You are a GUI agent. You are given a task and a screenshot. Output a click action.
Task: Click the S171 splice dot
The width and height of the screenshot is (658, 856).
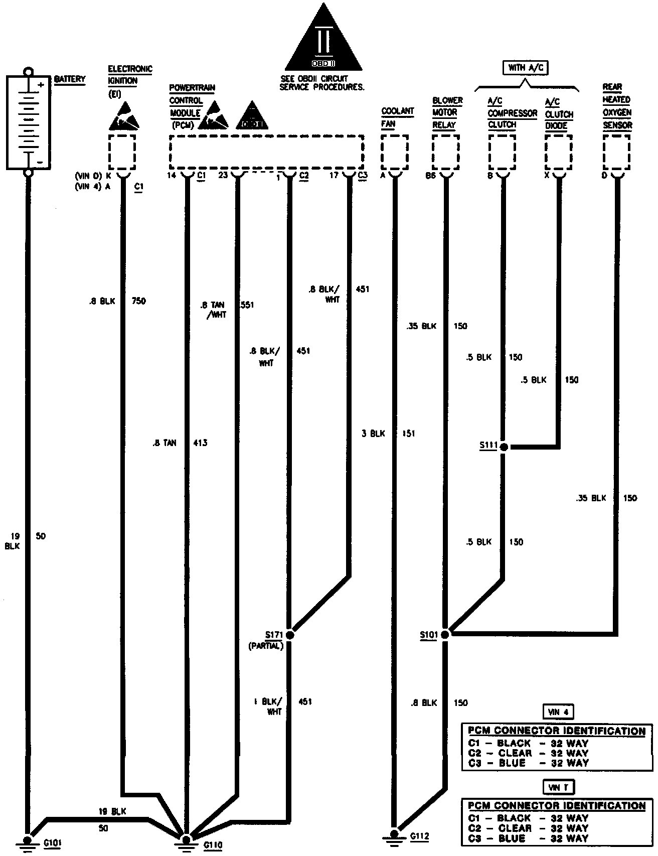[289, 634]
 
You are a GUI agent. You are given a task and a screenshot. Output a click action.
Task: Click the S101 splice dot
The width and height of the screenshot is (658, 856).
[445, 634]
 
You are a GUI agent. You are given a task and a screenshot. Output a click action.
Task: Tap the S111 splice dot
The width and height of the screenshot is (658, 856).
[504, 446]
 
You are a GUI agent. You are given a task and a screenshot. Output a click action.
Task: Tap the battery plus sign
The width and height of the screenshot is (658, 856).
[41, 85]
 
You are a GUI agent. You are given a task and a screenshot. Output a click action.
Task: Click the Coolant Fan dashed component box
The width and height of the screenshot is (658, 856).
[394, 152]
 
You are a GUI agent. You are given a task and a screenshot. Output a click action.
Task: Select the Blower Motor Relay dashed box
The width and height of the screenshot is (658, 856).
[445, 152]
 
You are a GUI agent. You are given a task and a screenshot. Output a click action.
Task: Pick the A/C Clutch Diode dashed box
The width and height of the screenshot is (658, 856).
[559, 152]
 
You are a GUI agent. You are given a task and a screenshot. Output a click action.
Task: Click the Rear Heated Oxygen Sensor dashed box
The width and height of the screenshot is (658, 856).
[616, 152]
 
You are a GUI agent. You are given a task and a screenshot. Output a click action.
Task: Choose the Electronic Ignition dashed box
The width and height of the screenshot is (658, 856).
[122, 152]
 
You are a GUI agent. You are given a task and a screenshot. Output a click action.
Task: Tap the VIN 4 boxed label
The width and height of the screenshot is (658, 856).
[558, 711]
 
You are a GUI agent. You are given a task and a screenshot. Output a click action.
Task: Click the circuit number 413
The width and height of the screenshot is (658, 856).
[200, 443]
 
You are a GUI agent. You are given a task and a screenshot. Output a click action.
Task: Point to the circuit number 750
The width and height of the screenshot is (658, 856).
[138, 301]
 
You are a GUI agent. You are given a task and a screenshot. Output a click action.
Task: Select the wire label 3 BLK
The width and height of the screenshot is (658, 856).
[373, 433]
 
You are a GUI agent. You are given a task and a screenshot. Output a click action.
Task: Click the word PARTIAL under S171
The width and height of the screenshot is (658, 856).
[266, 646]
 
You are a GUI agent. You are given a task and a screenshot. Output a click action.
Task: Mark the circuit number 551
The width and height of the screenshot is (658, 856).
[247, 305]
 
